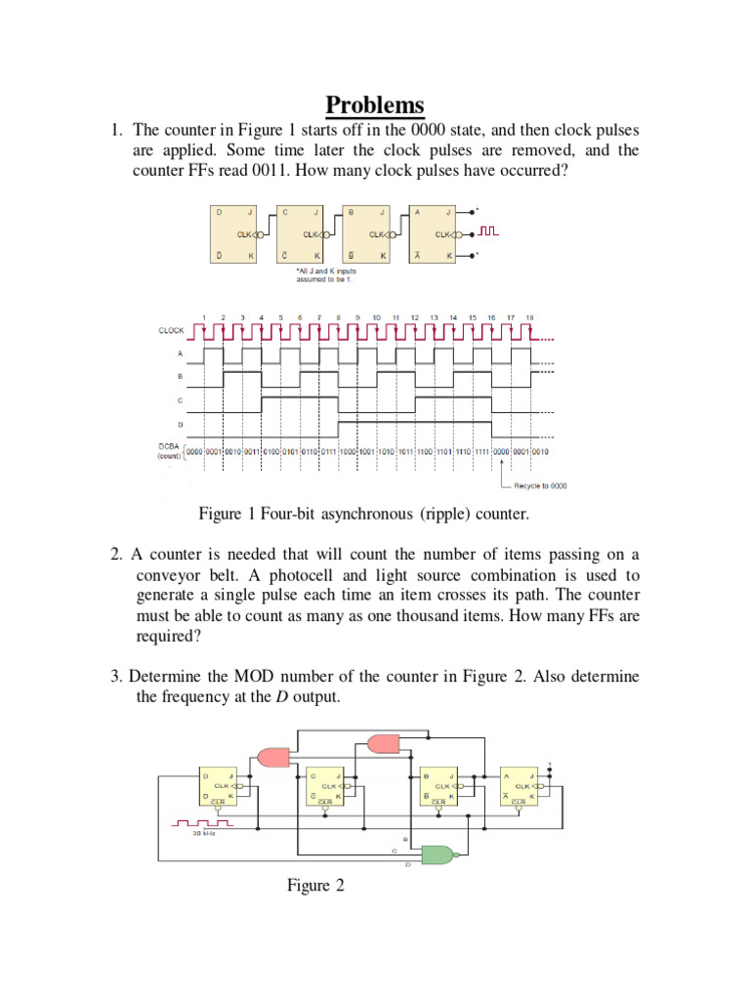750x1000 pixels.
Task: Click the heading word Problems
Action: point(375,104)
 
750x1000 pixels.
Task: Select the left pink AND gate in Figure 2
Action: point(272,756)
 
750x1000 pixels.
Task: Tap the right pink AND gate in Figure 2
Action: point(384,743)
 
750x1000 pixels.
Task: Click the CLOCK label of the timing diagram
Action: point(171,331)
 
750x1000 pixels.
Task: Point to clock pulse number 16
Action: point(491,317)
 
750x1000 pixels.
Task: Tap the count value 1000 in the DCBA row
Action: point(349,450)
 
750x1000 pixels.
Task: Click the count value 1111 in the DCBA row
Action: point(481,450)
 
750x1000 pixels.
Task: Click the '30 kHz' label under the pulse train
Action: point(204,834)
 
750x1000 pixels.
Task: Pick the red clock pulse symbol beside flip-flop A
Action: point(488,231)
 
